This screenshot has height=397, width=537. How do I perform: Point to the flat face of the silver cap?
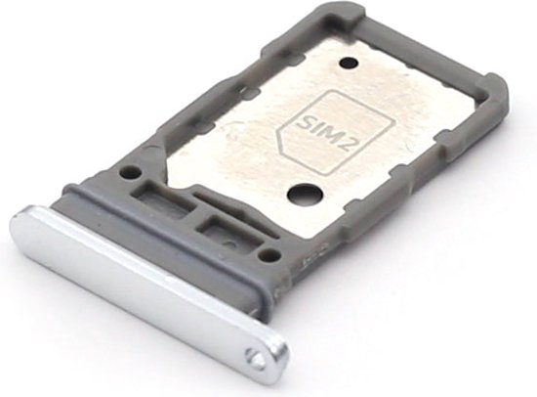(137, 279)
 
